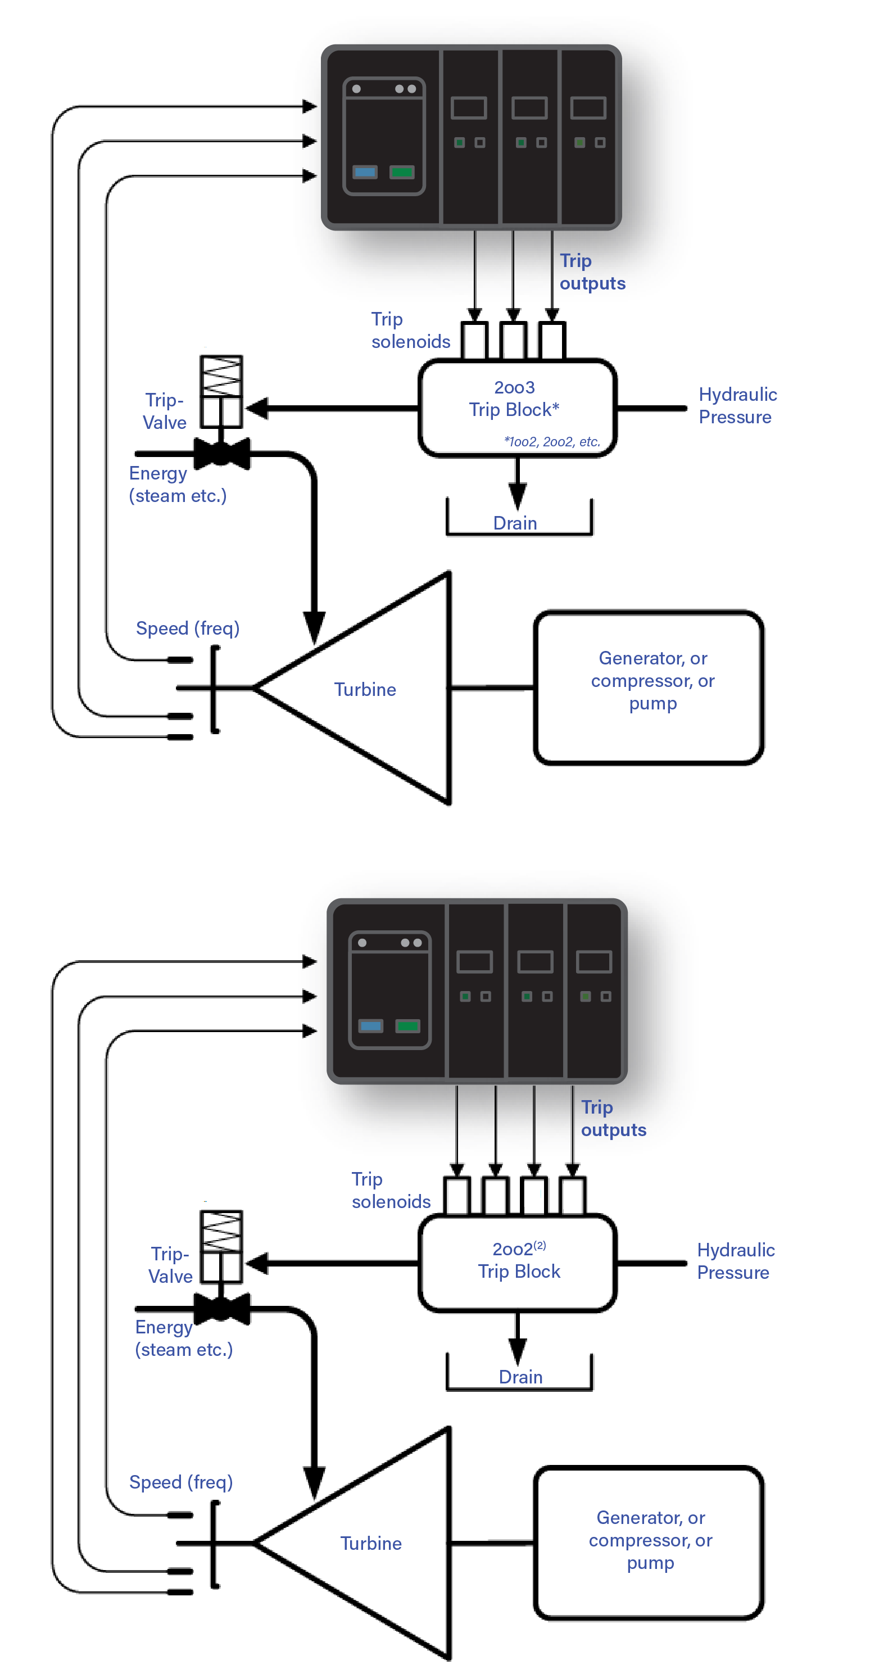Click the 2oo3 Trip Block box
pyautogui.click(x=517, y=408)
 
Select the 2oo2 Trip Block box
pyautogui.click(x=517, y=1263)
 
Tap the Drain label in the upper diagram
pyautogui.click(x=515, y=523)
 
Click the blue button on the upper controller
pyautogui.click(x=365, y=172)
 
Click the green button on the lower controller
pyautogui.click(x=407, y=1026)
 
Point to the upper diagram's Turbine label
pyautogui.click(x=365, y=689)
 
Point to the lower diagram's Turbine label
pyautogui.click(x=370, y=1543)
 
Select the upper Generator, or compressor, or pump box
pyautogui.click(x=649, y=688)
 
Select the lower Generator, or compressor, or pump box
pyautogui.click(x=649, y=1542)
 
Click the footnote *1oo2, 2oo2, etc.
pyautogui.click(x=551, y=442)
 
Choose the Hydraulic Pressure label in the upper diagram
pyautogui.click(x=737, y=406)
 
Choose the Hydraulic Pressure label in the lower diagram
pyautogui.click(x=735, y=1261)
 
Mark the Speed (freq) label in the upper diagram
pyautogui.click(x=188, y=628)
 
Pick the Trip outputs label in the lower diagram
pyautogui.click(x=613, y=1119)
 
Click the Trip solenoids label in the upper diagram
pyautogui.click(x=410, y=330)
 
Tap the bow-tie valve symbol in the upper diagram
pyautogui.click(x=222, y=454)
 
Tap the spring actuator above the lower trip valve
pyautogui.click(x=221, y=1231)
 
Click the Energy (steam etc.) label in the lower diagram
pyautogui.click(x=183, y=1338)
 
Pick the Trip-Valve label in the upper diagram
pyautogui.click(x=165, y=411)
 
